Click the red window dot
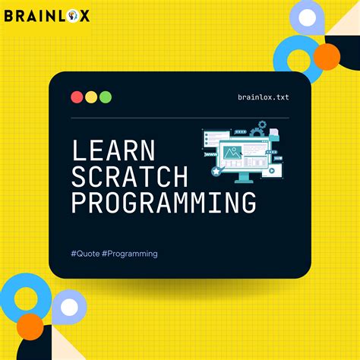pyautogui.click(x=77, y=96)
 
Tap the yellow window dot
pyautogui.click(x=91, y=96)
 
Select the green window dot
pyautogui.click(x=106, y=96)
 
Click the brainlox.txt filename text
pyautogui.click(x=263, y=97)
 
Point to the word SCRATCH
pyautogui.click(x=129, y=177)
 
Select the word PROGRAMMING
pyautogui.click(x=163, y=203)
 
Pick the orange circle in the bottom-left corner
pyautogui.click(x=30, y=326)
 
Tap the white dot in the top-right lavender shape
pyautogui.click(x=308, y=17)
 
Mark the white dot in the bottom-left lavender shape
pyautogui.click(x=69, y=308)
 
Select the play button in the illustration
pyautogui.click(x=271, y=170)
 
